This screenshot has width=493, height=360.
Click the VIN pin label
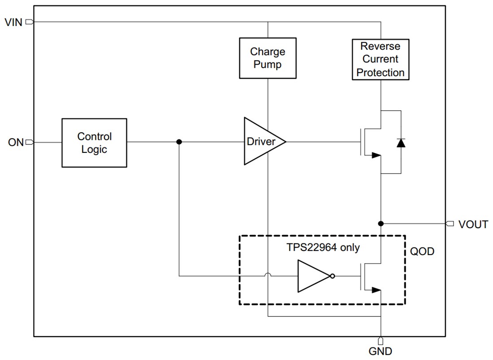[x=13, y=22]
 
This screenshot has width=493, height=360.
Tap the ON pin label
[x=15, y=143]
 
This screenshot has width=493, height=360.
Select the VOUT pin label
[x=473, y=224]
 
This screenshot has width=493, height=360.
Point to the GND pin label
[x=380, y=351]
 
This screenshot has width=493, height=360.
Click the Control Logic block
[x=94, y=143]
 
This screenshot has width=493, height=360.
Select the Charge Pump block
[x=268, y=58]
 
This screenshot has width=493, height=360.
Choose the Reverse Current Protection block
[x=381, y=59]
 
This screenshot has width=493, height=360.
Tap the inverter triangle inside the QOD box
[x=313, y=276]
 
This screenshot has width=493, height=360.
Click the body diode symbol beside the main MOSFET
[x=400, y=143]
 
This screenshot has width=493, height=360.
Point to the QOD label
[x=422, y=252]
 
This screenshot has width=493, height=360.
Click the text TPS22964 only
[x=323, y=247]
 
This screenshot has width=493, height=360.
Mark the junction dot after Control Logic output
[x=179, y=142]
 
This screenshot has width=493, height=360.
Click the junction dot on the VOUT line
[x=381, y=223]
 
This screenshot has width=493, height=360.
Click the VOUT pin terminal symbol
[x=450, y=223]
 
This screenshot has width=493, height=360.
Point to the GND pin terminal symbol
[x=381, y=341]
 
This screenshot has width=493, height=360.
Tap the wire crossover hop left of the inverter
[x=268, y=275]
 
